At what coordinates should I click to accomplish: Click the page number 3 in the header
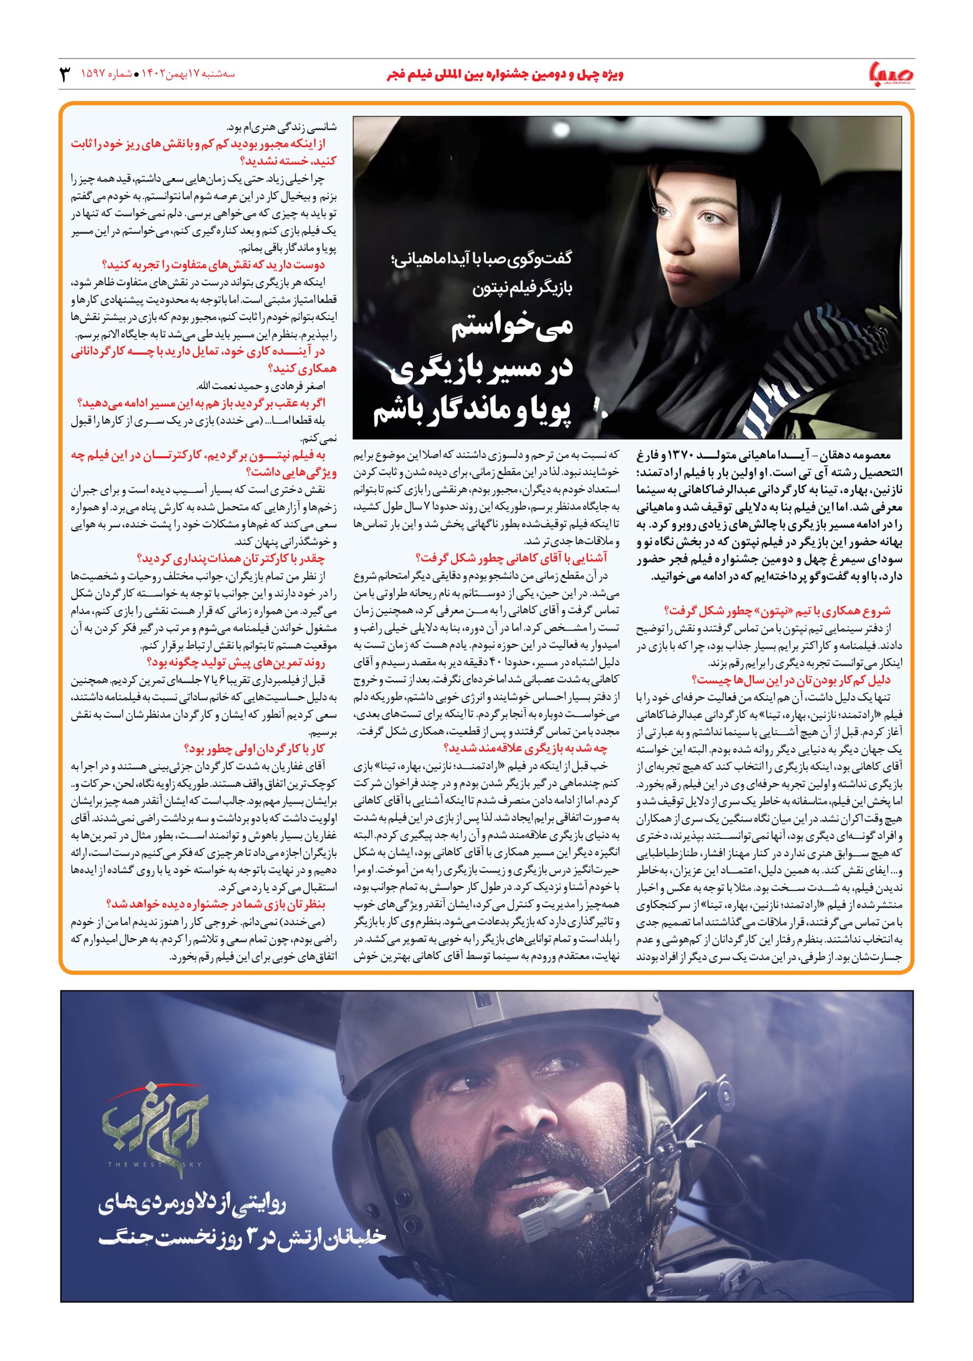point(65,74)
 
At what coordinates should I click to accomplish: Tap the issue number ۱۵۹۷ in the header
point(95,75)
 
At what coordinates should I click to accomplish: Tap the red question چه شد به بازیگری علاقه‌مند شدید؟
point(526,748)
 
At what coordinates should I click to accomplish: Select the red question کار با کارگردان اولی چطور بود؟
point(255,749)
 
